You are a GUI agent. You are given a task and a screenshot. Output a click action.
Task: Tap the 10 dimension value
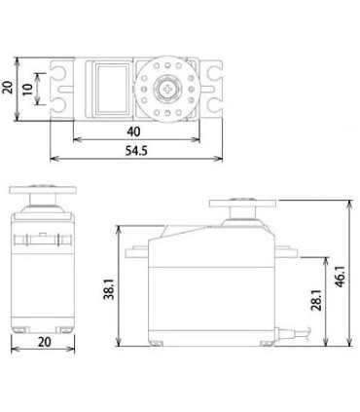[x=29, y=89]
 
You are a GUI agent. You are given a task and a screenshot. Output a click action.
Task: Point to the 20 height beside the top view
[x=9, y=89]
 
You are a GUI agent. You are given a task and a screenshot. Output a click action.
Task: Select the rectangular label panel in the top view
[x=110, y=89]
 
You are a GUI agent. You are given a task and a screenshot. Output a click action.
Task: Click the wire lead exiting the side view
[x=306, y=336]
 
